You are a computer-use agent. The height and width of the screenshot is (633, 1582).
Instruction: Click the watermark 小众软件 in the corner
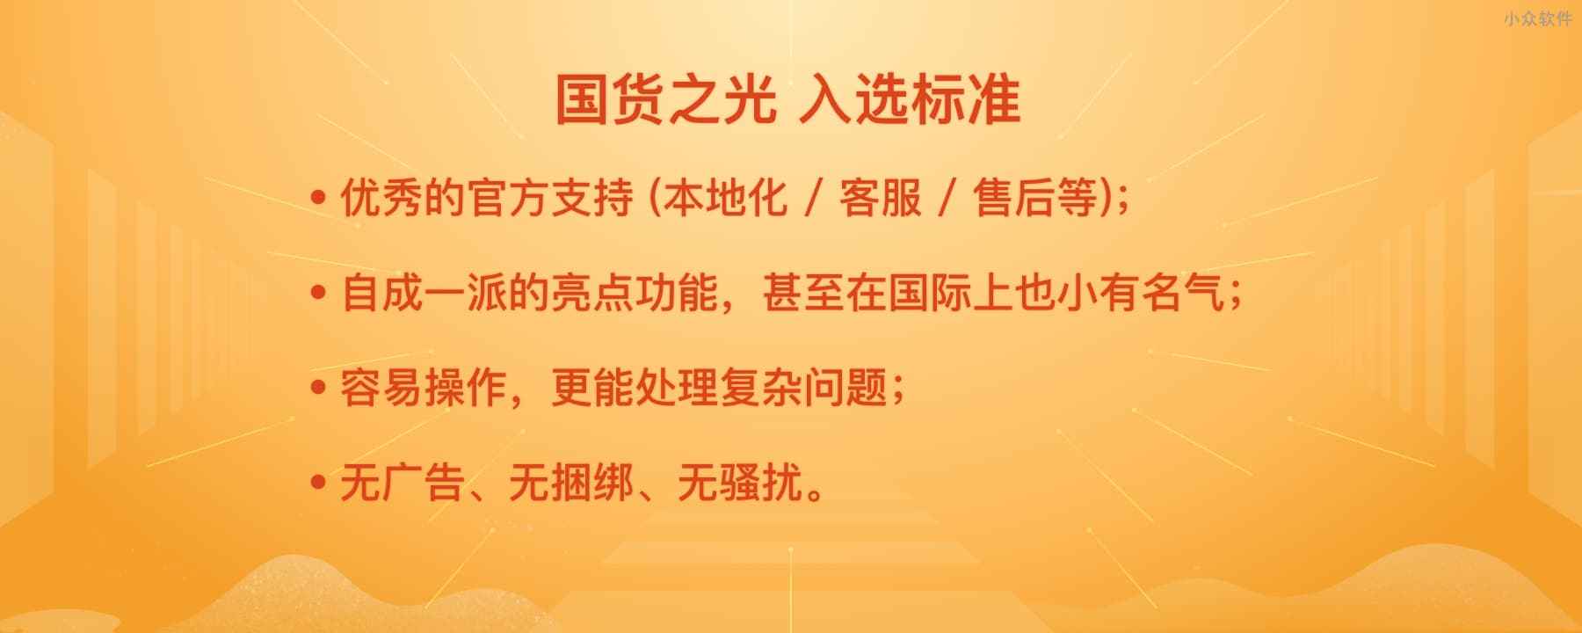(x=1537, y=18)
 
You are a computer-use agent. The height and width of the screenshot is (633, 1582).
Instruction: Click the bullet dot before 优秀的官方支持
(x=319, y=198)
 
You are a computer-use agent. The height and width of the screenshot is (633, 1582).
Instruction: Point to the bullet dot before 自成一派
(x=319, y=294)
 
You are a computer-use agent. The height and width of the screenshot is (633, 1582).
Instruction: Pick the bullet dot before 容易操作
(x=319, y=389)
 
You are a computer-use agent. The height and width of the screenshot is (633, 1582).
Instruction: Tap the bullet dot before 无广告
(x=319, y=484)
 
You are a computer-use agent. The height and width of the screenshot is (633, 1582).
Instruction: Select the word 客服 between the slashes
(x=880, y=198)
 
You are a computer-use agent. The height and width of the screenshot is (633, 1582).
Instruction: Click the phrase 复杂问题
(x=803, y=389)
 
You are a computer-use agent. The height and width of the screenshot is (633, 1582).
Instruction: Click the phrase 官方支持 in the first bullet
(x=550, y=198)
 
